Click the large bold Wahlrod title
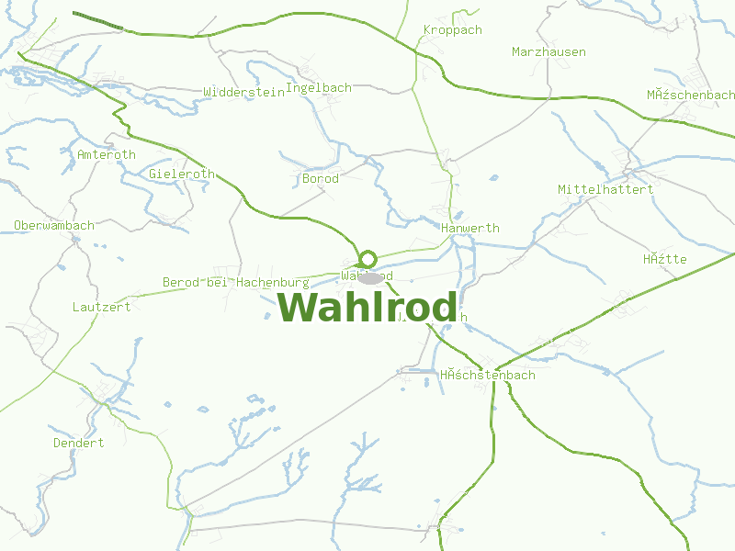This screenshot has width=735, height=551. click(367, 308)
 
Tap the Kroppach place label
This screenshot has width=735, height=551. click(452, 30)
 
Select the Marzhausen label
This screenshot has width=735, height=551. click(548, 52)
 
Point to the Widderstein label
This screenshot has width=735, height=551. click(243, 92)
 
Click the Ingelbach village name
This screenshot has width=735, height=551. click(319, 88)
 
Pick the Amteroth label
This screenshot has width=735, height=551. click(107, 154)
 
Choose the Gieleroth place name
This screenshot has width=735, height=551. click(181, 174)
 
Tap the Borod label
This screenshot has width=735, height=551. click(321, 179)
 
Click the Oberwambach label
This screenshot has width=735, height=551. click(54, 225)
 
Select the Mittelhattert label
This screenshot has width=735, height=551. click(605, 189)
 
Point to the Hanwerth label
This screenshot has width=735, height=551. click(470, 228)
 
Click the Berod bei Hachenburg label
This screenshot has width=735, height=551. click(236, 282)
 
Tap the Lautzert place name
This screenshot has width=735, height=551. click(101, 307)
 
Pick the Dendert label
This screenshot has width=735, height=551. click(78, 443)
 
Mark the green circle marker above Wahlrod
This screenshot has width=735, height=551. click(367, 259)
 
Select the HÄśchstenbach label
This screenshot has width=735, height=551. click(487, 375)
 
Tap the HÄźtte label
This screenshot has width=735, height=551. click(665, 259)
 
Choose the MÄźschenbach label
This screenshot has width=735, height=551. click(690, 95)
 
